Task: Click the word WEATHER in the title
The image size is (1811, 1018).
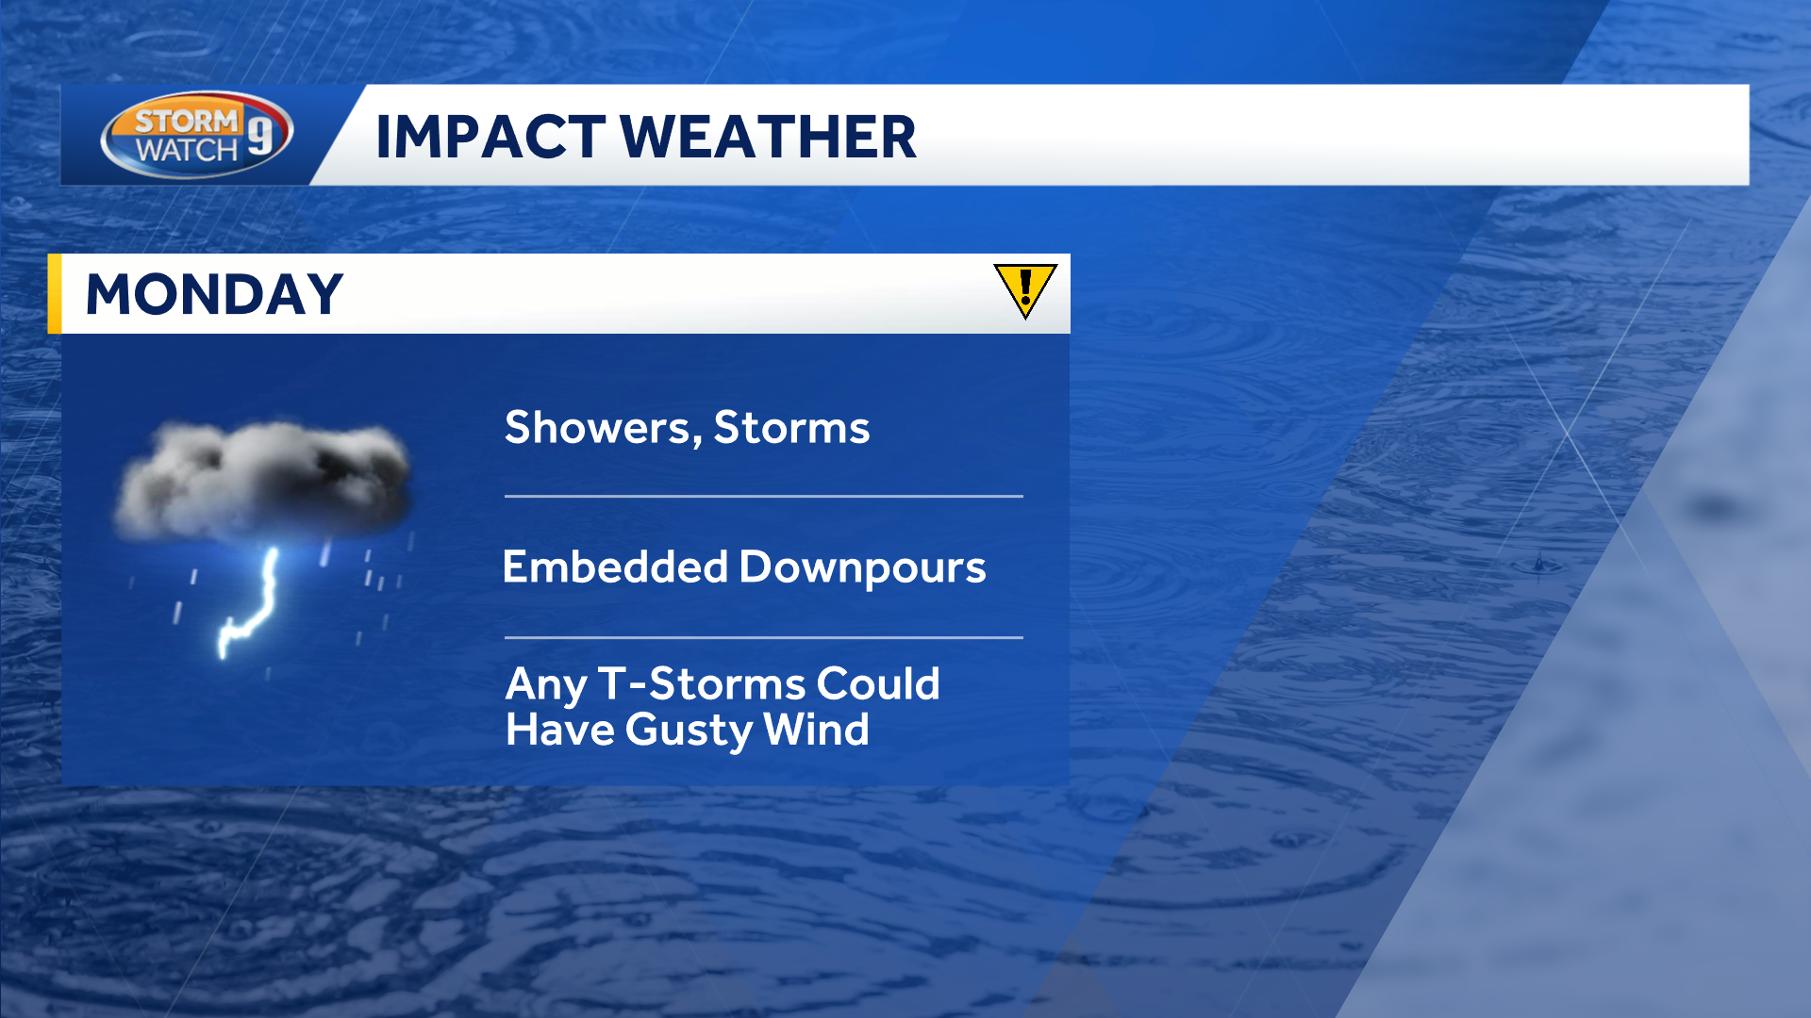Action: click(768, 137)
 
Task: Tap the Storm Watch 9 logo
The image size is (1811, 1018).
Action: click(197, 135)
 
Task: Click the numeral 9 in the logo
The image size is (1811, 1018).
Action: click(260, 131)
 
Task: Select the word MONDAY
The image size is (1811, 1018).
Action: click(214, 294)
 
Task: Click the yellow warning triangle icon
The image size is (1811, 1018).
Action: click(1025, 288)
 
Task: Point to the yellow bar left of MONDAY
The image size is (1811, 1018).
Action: click(55, 293)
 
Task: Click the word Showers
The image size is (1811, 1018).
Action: click(603, 427)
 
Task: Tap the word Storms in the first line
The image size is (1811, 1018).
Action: click(791, 427)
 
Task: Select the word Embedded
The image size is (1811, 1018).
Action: click(616, 566)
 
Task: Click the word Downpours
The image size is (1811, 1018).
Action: click(863, 568)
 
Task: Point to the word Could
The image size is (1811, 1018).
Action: click(878, 683)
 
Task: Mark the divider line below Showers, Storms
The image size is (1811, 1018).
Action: click(764, 496)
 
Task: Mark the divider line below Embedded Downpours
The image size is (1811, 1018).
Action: click(764, 637)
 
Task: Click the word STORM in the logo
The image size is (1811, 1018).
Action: click(188, 121)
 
